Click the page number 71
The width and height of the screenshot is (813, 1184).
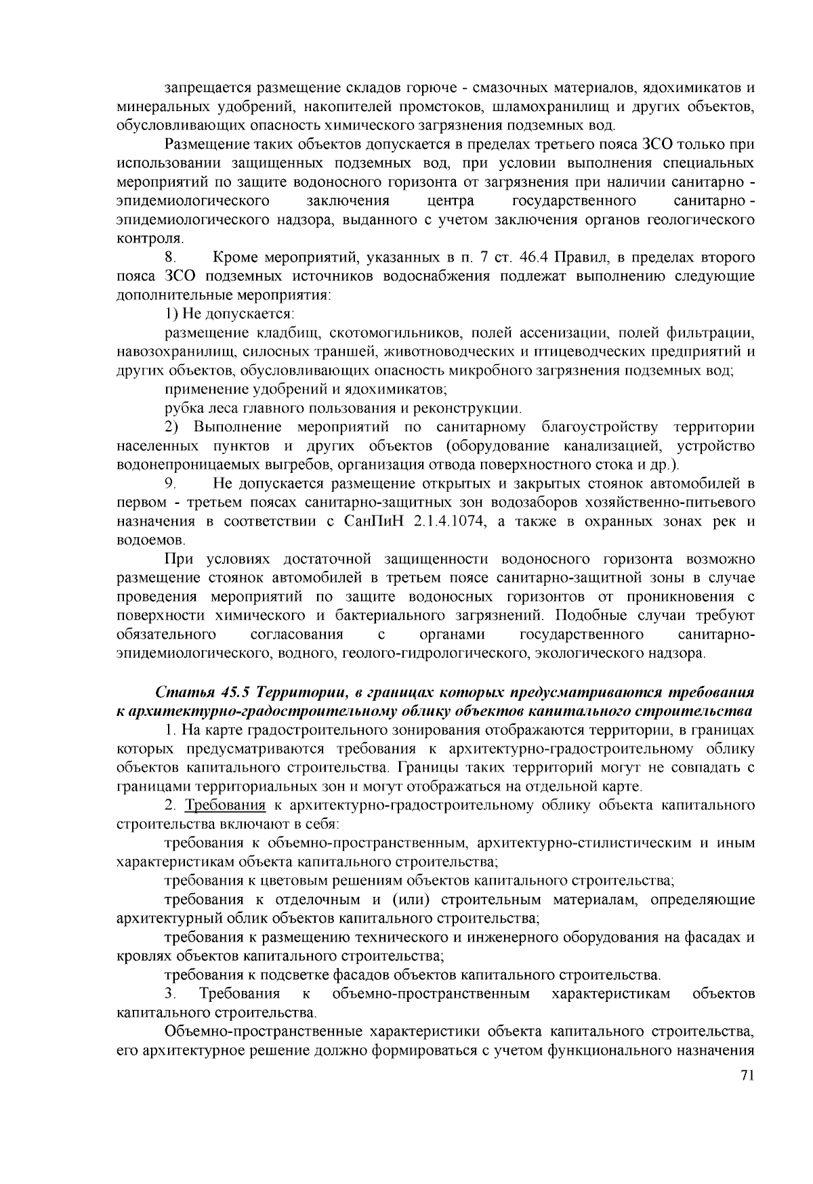click(x=747, y=1076)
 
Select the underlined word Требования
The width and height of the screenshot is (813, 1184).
click(x=226, y=805)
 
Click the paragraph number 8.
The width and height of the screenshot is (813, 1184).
click(x=170, y=258)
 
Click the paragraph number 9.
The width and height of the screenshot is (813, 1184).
click(x=170, y=484)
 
